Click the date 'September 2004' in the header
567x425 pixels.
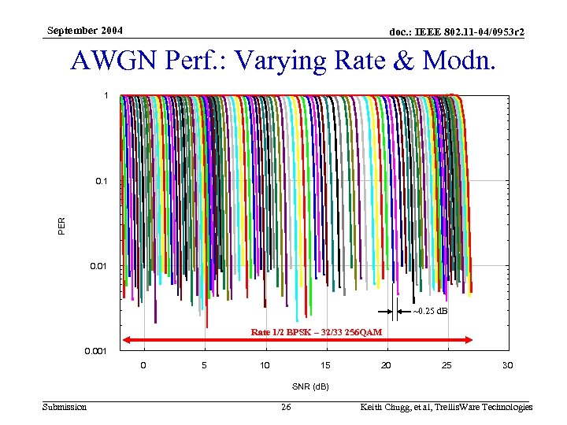tap(84, 31)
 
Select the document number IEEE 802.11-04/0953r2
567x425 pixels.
tap(457, 31)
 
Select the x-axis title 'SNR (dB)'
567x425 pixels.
tap(309, 386)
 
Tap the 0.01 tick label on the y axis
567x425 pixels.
tap(99, 266)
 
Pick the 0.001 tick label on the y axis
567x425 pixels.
tap(96, 351)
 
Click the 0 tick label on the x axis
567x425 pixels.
tap(143, 365)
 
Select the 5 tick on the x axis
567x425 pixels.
tap(204, 365)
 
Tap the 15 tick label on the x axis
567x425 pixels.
tap(325, 365)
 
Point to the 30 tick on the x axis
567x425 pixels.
tap(507, 365)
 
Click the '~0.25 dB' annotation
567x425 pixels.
tap(430, 311)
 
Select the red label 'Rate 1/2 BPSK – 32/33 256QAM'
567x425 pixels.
tap(317, 332)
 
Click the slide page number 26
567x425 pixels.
tap(286, 407)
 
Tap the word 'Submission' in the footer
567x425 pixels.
tap(65, 407)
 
